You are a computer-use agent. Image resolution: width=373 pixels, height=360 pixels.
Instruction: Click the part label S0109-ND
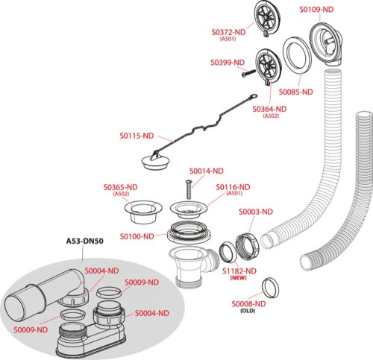(x=316, y=10)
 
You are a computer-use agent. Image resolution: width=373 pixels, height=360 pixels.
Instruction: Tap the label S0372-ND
(x=228, y=32)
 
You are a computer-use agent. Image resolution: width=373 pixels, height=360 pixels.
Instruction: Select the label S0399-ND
(x=228, y=63)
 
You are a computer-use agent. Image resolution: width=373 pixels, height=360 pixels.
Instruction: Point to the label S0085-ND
(x=295, y=92)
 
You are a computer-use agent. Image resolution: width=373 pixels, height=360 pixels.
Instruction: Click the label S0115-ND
(x=137, y=136)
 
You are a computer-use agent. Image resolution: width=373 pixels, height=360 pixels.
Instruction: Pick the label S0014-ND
(x=207, y=171)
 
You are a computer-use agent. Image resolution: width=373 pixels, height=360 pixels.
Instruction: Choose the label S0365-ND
(x=120, y=187)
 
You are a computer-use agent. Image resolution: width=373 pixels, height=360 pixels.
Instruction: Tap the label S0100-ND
(x=137, y=236)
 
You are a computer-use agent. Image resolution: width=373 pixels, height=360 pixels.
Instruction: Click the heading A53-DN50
(x=84, y=241)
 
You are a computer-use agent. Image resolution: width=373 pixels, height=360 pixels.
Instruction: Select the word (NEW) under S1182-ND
(x=239, y=278)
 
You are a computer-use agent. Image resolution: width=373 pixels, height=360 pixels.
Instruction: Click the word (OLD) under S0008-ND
(x=248, y=311)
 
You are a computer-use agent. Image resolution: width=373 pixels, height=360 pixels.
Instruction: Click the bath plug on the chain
(x=156, y=162)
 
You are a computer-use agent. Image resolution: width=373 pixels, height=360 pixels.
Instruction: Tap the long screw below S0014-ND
(x=188, y=190)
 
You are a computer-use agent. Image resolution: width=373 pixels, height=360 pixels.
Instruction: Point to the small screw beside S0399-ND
(x=248, y=73)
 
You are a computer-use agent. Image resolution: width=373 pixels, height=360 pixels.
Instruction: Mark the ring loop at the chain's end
(x=254, y=95)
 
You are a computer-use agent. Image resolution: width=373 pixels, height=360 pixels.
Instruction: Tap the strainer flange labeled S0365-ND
(x=143, y=211)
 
